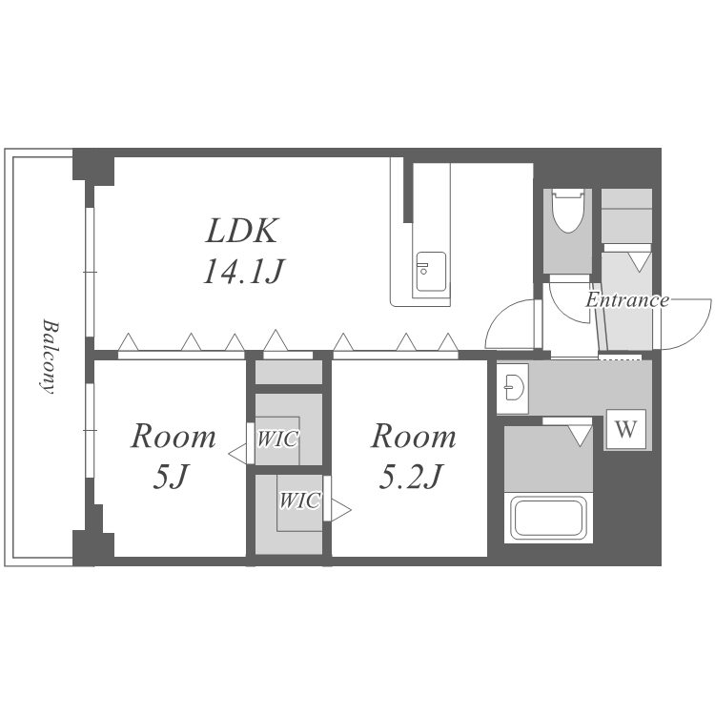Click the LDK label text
point(242,231)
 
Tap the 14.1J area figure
point(243,271)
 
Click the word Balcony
point(49,357)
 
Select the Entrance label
point(627,300)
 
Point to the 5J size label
point(170,477)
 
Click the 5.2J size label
point(410,477)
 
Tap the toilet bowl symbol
point(568,212)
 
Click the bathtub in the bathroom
point(548,518)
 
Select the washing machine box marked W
point(626,429)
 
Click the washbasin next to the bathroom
point(514,388)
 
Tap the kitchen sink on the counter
point(431,272)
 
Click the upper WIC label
point(276,439)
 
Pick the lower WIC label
point(299,500)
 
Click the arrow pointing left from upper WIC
point(237,455)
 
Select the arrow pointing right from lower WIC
point(341,510)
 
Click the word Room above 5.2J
point(413,437)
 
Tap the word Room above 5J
point(174,437)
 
